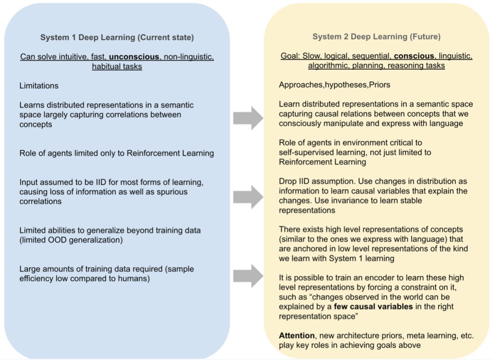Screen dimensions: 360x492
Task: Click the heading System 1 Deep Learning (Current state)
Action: coord(117,37)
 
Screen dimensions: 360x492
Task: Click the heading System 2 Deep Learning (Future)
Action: coord(376,37)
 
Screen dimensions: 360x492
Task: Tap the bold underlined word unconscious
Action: coord(134,57)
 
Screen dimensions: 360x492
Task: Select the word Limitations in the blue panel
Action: coord(39,86)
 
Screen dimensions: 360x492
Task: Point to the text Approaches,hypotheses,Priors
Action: coord(334,85)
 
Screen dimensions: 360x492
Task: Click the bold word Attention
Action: coord(297,335)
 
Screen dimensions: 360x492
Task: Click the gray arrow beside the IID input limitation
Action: coord(248,197)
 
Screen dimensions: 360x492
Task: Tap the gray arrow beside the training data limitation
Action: coord(248,275)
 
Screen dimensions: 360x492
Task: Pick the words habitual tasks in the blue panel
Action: coord(117,66)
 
